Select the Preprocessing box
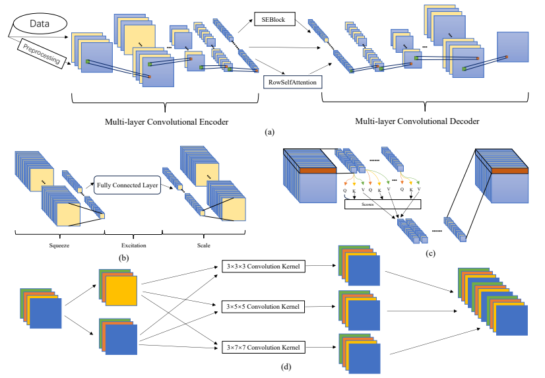tap(41, 52)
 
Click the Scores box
tap(368, 205)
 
